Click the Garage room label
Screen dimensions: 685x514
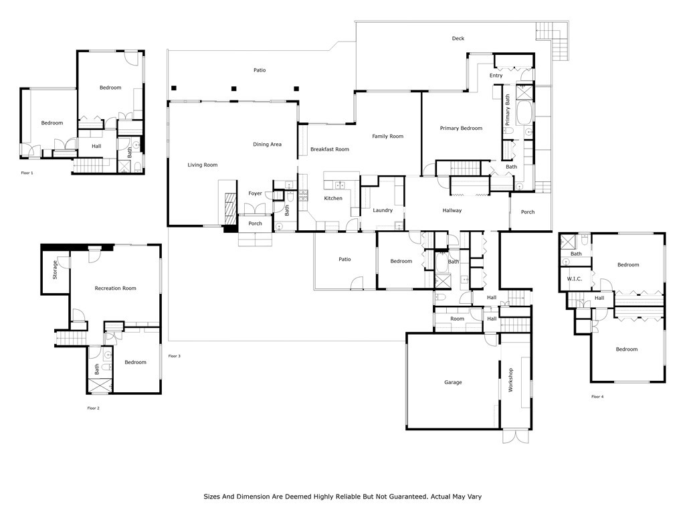pyautogui.click(x=453, y=382)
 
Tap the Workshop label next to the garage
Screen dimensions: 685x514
pyautogui.click(x=510, y=380)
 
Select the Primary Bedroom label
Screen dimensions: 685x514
pyautogui.click(x=461, y=128)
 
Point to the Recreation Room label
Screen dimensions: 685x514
pyautogui.click(x=115, y=288)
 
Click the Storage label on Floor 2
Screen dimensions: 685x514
pyautogui.click(x=55, y=270)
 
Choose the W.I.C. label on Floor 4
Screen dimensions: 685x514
pyautogui.click(x=574, y=279)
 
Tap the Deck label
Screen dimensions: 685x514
pyautogui.click(x=458, y=38)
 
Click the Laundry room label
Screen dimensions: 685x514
pyautogui.click(x=383, y=211)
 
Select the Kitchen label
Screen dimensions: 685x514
pyautogui.click(x=333, y=198)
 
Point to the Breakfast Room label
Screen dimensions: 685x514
pyautogui.click(x=330, y=149)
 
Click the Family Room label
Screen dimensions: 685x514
pyautogui.click(x=387, y=137)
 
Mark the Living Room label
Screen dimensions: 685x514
pyautogui.click(x=202, y=165)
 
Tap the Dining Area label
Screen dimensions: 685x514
pyautogui.click(x=267, y=145)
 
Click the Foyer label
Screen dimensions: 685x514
pyautogui.click(x=255, y=193)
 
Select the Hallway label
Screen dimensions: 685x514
pyautogui.click(x=452, y=211)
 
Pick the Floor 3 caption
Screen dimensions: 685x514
pyautogui.click(x=175, y=356)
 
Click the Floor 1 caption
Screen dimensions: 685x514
pyautogui.click(x=27, y=173)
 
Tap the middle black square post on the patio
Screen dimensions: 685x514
pyautogui.click(x=233, y=89)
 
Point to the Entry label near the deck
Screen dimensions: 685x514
pyautogui.click(x=496, y=76)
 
